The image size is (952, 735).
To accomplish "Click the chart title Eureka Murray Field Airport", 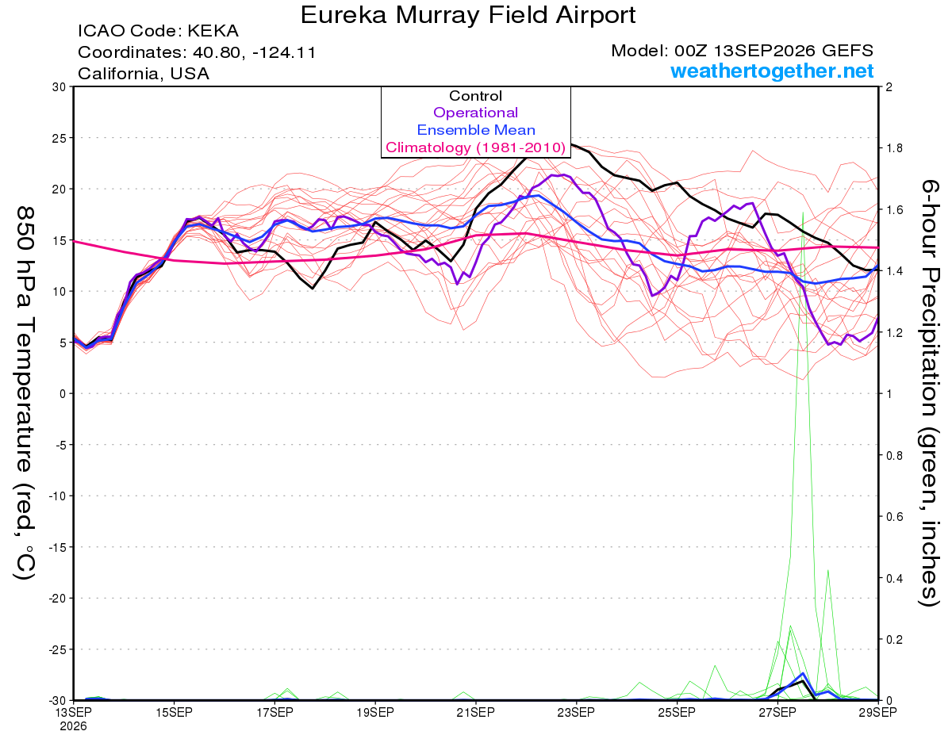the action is [467, 15].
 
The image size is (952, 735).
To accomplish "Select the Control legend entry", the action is [475, 96].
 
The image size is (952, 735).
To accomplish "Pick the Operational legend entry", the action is [475, 113].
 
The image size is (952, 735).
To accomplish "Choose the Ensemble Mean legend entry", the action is [476, 130].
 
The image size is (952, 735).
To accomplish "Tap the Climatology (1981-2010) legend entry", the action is [476, 147].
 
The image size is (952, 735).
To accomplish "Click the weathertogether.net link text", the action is [772, 71].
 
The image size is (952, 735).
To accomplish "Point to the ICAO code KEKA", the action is [213, 31].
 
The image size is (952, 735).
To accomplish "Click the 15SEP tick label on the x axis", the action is [174, 713].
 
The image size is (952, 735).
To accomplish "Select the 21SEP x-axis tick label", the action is [475, 713].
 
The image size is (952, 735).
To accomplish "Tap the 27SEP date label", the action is [777, 713].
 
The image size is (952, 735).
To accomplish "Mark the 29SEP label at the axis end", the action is [877, 713].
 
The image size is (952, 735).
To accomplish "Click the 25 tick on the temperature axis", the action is [59, 138].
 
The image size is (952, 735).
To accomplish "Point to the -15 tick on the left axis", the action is [57, 547].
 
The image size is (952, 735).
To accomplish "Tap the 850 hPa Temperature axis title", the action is [25, 393].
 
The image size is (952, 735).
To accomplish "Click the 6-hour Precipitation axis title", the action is [929, 393].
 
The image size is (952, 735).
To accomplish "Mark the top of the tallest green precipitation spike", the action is [803, 212].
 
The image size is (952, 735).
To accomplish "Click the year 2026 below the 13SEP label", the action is [73, 727].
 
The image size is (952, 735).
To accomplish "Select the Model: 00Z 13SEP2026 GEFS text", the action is [742, 51].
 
